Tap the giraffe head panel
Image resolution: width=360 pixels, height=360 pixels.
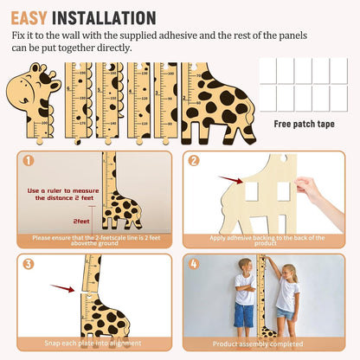pyautogui.click(x=35, y=97)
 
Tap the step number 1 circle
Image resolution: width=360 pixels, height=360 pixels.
pyautogui.click(x=28, y=160)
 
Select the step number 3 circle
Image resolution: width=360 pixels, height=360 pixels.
pyautogui.click(x=28, y=264)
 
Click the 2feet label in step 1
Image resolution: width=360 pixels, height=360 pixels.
pyautogui.click(x=81, y=222)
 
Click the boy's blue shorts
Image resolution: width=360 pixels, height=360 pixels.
pyautogui.click(x=245, y=314)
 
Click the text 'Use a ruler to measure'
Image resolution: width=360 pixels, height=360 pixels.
pyautogui.click(x=61, y=190)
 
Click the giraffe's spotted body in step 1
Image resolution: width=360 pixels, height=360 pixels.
pyautogui.click(x=121, y=210)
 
